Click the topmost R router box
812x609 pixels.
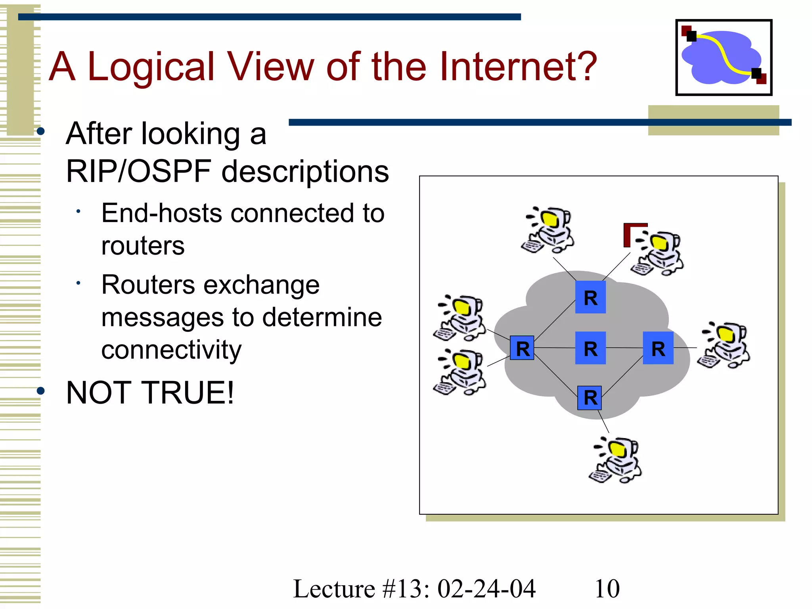[590, 297]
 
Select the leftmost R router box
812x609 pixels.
[522, 348]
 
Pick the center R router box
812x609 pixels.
[590, 348]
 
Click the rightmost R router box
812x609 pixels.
[658, 348]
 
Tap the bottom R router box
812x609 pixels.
[590, 398]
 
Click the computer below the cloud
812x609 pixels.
[615, 460]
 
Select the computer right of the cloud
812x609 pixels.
[724, 345]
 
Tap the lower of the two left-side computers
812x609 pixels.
[460, 372]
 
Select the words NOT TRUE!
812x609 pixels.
[150, 393]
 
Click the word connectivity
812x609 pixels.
[171, 350]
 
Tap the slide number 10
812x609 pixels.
[607, 588]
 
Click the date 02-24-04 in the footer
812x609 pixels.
[486, 588]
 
